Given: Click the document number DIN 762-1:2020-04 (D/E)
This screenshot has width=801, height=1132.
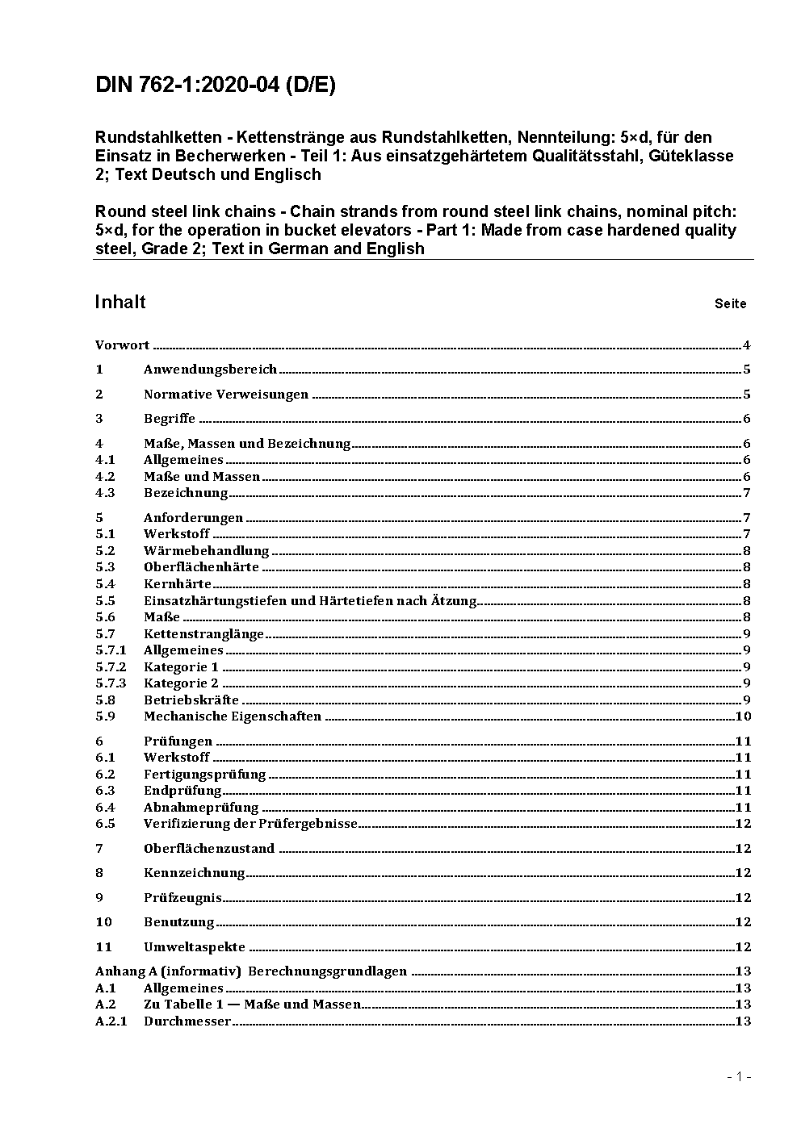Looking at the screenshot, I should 216,86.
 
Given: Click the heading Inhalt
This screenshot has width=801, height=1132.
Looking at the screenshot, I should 120,302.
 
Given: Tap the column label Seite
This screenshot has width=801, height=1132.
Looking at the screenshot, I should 730,304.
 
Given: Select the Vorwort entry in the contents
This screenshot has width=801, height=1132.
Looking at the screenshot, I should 122,345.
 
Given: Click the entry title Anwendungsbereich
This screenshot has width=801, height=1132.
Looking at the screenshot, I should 210,370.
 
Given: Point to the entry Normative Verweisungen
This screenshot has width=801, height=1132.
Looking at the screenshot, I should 226,395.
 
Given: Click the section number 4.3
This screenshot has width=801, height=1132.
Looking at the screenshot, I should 105,493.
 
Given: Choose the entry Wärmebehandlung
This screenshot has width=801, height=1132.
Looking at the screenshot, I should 206,551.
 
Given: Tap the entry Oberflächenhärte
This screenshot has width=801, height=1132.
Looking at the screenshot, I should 201,567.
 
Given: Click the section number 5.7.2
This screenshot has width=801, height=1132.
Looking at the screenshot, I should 111,667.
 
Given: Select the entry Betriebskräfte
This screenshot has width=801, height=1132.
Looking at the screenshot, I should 191,700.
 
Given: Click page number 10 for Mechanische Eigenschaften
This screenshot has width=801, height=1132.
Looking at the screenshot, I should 743,716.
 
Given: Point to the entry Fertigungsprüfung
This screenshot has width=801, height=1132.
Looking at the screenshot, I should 204,775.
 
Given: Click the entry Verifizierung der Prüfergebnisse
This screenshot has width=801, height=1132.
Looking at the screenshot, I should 250,824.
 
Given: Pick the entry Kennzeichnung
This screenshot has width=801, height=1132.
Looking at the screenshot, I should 194,873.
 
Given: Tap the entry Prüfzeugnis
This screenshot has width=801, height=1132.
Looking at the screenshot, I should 182,898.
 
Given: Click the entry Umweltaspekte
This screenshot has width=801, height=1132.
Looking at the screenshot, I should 195,947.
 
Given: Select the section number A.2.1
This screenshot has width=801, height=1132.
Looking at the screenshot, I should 111,1021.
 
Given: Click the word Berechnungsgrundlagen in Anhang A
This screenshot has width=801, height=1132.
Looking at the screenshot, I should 327,971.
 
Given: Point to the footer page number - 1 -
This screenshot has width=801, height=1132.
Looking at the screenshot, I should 739,1076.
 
